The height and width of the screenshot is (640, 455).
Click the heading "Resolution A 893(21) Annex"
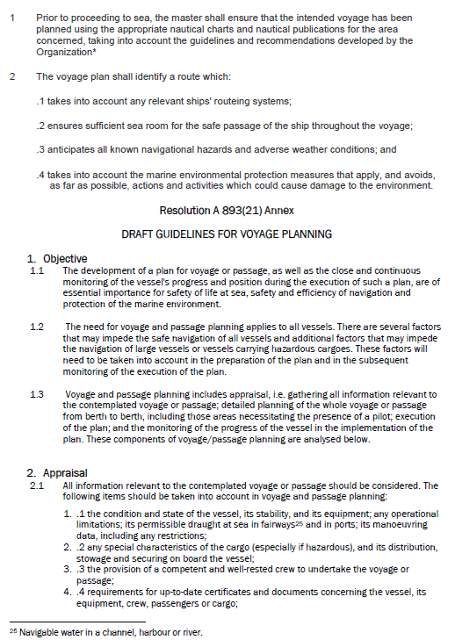(227, 212)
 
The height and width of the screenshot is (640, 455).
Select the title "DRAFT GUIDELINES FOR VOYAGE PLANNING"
(227, 234)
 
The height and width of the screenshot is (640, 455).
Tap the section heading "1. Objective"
(56, 258)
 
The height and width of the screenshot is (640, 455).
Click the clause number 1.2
(37, 327)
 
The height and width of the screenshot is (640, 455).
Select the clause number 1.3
(37, 394)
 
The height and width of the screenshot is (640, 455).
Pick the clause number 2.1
(37, 485)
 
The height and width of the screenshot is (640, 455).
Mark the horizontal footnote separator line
(76, 621)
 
